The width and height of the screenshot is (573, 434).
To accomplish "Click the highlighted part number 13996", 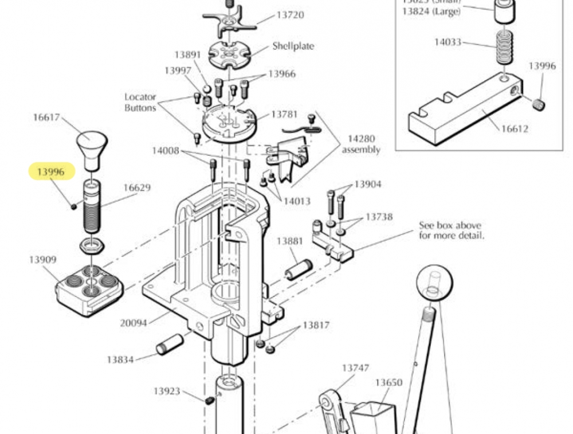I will (52, 171).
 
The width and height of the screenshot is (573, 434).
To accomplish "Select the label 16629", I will (137, 187).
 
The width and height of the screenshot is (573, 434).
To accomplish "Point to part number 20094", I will (134, 323).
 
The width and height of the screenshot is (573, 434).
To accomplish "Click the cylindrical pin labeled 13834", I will (170, 345).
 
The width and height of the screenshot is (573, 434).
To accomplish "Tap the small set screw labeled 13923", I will (210, 399).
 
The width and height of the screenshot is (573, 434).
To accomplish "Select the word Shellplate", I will (293, 46).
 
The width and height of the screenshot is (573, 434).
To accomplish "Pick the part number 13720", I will (290, 15).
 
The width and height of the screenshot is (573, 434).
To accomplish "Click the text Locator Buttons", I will (140, 102).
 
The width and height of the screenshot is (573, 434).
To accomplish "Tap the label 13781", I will (285, 115).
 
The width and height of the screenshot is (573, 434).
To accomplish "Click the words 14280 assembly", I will (361, 144).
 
